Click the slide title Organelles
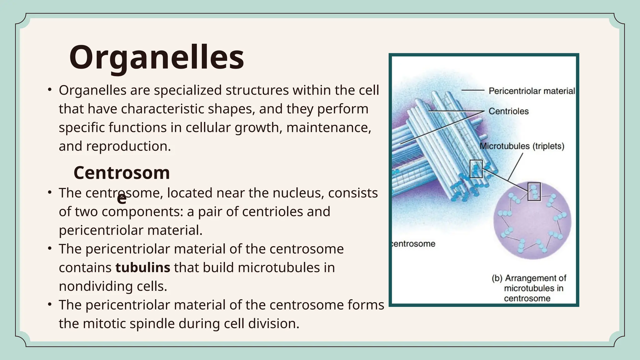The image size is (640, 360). [x=156, y=58]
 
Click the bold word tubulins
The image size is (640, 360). [x=143, y=267]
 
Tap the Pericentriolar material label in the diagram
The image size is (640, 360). [x=532, y=91]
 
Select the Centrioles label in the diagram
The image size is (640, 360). [x=508, y=111]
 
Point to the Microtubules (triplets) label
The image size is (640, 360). [x=522, y=146]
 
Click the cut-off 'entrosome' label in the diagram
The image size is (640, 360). [x=414, y=244]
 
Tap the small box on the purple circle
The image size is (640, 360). [x=534, y=192]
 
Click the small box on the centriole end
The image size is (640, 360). [x=476, y=169]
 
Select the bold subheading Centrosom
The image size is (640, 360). [x=122, y=173]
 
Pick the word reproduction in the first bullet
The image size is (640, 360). [x=128, y=146]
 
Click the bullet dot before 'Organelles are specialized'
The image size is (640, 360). [x=50, y=90]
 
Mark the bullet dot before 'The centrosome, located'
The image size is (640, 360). [x=50, y=192]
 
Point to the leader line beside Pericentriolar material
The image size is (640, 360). [x=473, y=90]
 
